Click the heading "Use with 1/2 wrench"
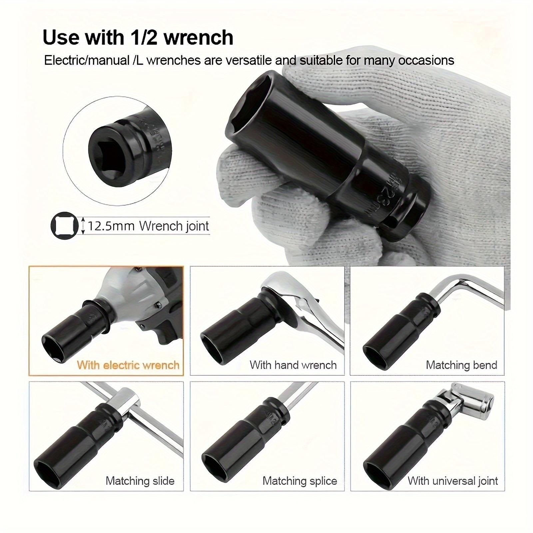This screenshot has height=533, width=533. coord(138,37)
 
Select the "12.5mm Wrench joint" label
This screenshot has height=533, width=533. coord(148,226)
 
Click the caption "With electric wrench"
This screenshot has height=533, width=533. coord(128,365)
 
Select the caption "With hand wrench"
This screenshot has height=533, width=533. coord(293,365)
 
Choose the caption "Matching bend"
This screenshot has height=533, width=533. coord(461,365)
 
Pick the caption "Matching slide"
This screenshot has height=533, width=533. coord(140,481)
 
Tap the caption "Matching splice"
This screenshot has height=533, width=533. coord(300,481)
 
